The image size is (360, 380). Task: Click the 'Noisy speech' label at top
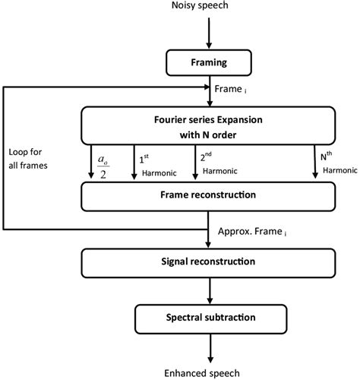208,8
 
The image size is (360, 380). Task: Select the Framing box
207,61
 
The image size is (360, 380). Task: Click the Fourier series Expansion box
207,125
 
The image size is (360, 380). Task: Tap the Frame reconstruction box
207,195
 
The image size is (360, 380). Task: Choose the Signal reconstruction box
207,262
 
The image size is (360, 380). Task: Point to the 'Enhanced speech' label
208,372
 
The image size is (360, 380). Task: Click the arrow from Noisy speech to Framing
207,33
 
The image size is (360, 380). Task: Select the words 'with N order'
207,135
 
